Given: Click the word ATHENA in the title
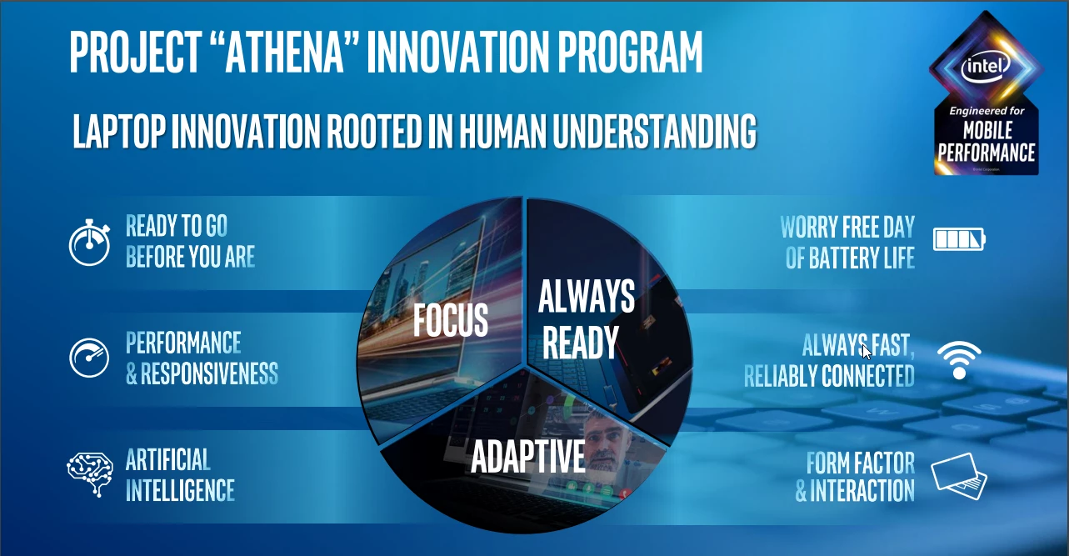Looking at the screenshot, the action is [284, 52].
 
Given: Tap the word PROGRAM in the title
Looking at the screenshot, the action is [630, 52].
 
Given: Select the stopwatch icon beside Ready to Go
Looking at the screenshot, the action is [90, 242].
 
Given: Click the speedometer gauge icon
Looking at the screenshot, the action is [89, 358].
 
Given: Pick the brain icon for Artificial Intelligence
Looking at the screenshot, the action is [90, 474].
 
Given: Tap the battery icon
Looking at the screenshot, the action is [959, 239].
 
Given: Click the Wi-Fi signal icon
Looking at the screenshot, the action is [959, 359].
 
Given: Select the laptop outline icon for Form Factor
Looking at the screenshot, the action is [959, 477].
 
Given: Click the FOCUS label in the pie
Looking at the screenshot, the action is [451, 320].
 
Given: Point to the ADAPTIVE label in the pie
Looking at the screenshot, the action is [527, 456].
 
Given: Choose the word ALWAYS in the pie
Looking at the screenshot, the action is [587, 297].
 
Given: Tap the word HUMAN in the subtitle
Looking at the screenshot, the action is [502, 130].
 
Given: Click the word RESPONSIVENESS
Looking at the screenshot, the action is [209, 373].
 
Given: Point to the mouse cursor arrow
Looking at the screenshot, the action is [867, 352].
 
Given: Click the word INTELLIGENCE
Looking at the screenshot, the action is [181, 490].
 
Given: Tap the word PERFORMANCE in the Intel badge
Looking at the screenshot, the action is [986, 153].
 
